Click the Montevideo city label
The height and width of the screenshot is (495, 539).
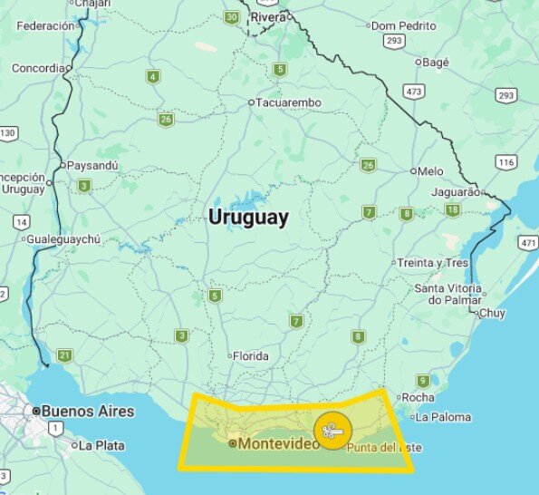tap(278, 443)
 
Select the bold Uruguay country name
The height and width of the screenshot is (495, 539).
tap(248, 218)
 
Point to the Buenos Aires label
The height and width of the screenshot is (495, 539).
tap(88, 411)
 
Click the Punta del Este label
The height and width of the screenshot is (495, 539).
tap(384, 448)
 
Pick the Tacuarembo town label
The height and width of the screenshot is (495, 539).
tap(289, 102)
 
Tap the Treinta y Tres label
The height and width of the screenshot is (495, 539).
tap(435, 263)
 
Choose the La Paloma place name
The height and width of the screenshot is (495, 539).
tap(444, 417)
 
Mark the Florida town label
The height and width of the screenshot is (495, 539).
tap(251, 356)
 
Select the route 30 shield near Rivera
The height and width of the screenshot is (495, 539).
tap(234, 17)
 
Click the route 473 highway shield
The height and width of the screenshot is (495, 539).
tap(415, 92)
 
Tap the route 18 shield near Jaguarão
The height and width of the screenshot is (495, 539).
tap(452, 210)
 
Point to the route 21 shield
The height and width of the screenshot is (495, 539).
tap(64, 355)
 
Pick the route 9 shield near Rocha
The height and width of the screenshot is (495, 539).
tap(422, 381)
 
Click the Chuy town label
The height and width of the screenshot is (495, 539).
tap(492, 314)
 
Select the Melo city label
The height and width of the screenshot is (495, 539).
tap(430, 170)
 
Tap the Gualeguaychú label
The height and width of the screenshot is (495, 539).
tap(64, 239)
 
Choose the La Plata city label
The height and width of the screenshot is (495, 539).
tap(99, 445)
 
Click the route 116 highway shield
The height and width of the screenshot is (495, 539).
tap(505, 162)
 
